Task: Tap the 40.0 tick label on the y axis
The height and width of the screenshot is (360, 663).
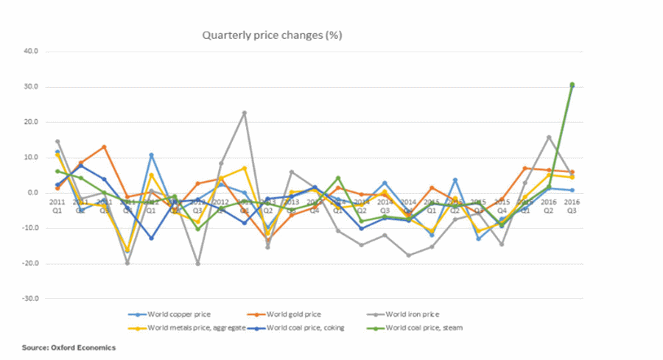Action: point(31,52)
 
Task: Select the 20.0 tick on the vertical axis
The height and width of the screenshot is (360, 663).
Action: point(31,122)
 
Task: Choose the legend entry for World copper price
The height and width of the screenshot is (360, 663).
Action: point(175,315)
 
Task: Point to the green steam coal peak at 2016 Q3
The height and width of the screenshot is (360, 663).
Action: point(572,85)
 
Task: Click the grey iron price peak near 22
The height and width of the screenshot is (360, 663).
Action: point(245,113)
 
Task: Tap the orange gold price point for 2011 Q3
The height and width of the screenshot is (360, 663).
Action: point(104,147)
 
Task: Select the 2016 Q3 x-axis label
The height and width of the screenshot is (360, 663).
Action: point(572,205)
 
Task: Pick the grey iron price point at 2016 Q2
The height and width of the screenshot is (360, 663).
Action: point(549,137)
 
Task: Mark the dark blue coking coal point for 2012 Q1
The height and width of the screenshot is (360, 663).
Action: point(151,238)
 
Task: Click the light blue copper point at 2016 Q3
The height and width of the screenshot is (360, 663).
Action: point(572,190)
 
